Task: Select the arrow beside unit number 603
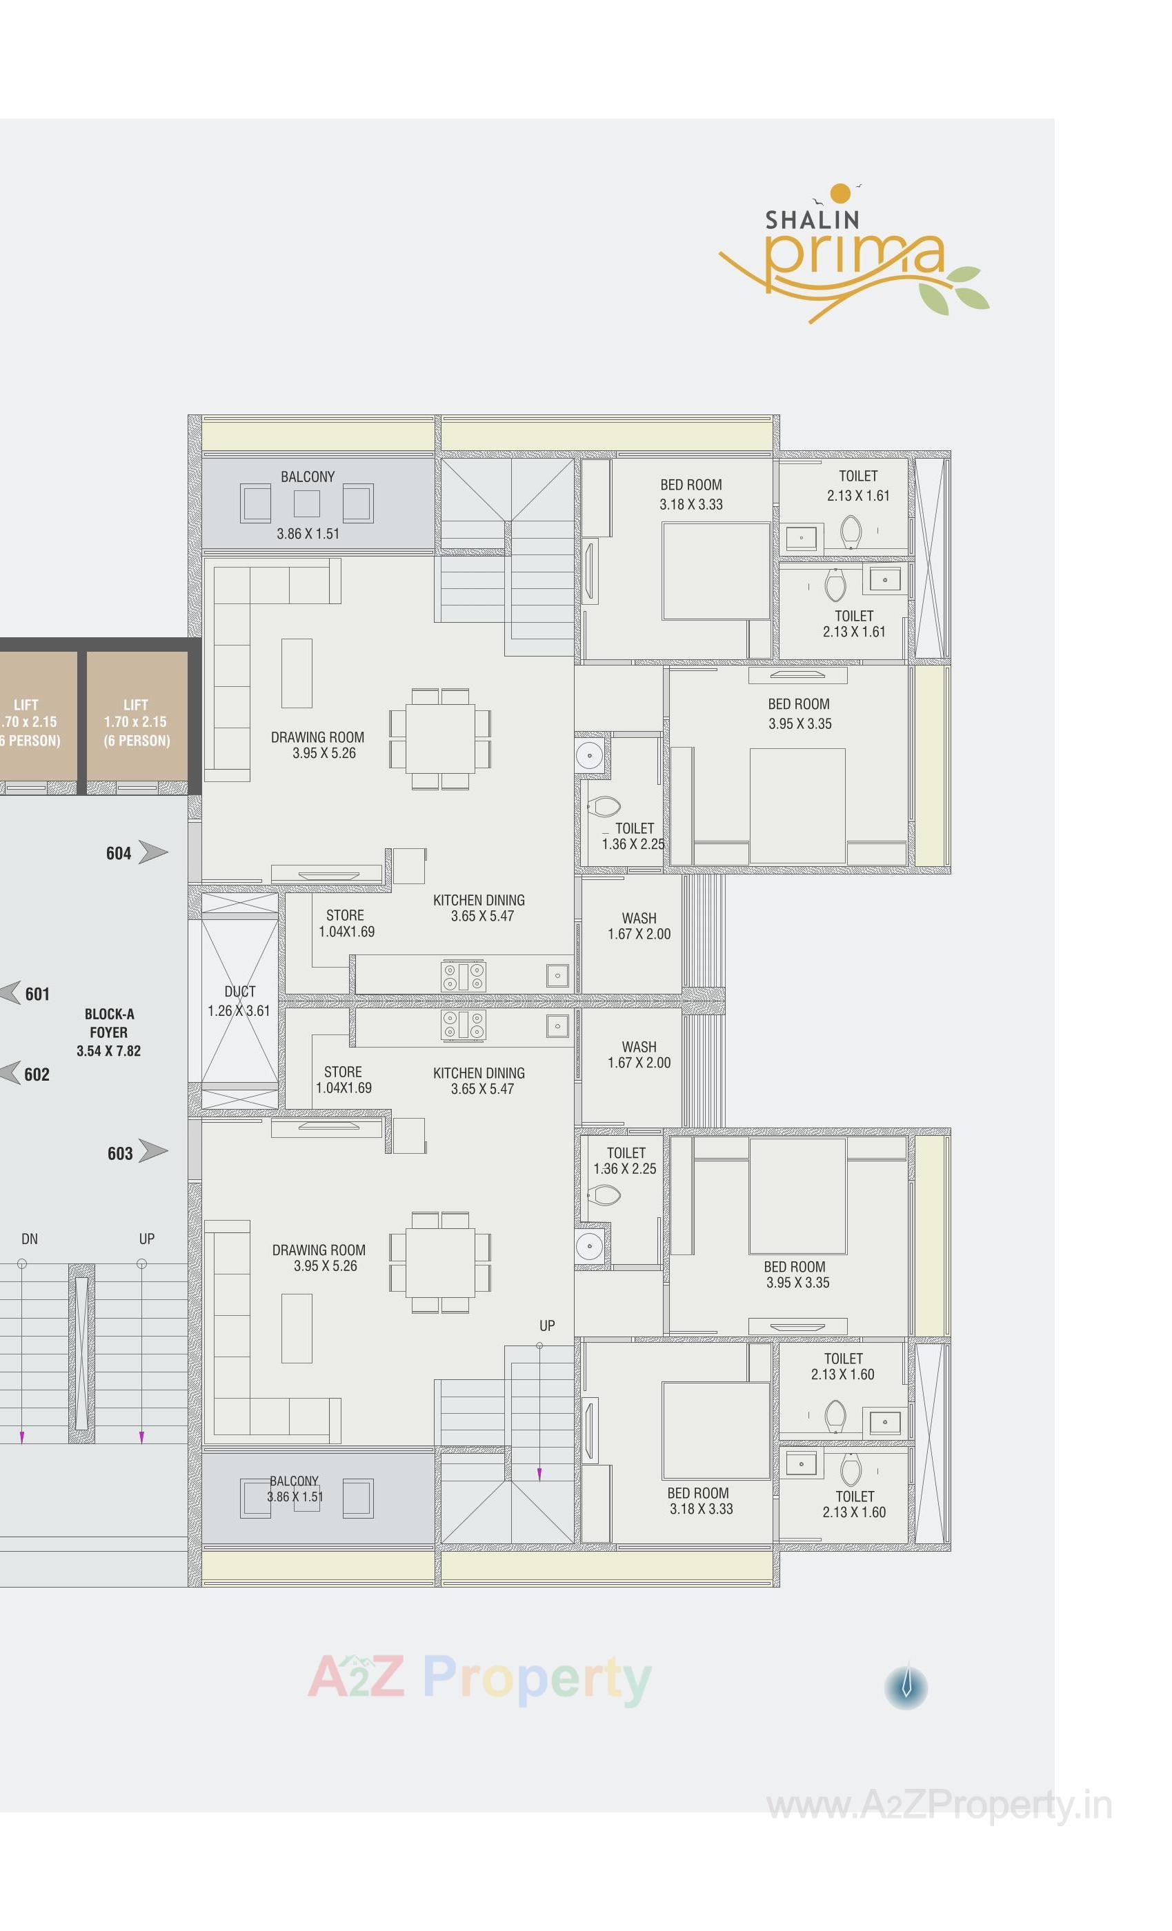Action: click(153, 1151)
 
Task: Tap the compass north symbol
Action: click(906, 1685)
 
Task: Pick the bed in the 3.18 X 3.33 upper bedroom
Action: click(715, 570)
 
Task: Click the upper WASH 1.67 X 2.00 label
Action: click(639, 926)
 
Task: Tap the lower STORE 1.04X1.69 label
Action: click(344, 1079)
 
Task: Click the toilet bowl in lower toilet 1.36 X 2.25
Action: click(604, 1195)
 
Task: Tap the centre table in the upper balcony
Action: click(306, 503)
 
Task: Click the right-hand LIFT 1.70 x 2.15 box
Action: click(137, 721)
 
